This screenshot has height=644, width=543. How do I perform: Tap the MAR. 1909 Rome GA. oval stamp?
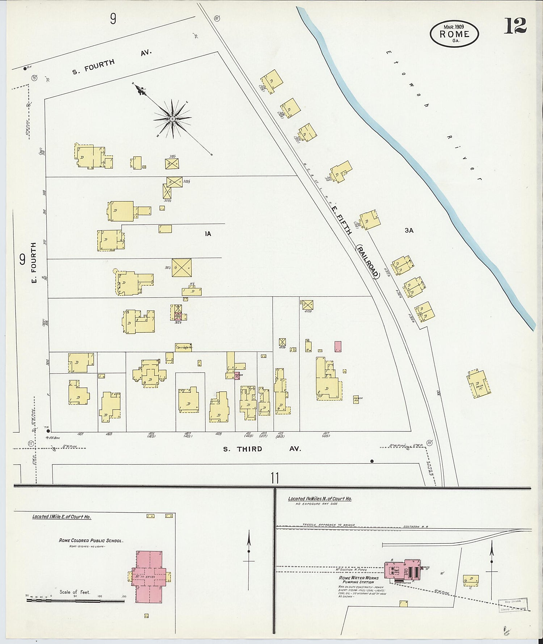(454, 33)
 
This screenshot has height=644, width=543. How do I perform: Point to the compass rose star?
(173, 119)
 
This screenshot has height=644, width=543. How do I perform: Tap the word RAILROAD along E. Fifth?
(367, 261)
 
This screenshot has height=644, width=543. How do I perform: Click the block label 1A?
(207, 234)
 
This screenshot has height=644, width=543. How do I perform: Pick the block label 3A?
(409, 230)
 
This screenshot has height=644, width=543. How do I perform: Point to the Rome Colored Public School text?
(91, 540)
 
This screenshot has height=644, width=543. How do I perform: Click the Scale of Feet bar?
(75, 601)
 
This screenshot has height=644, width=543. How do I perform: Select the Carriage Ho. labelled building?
(183, 348)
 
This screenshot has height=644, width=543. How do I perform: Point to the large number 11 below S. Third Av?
(274, 478)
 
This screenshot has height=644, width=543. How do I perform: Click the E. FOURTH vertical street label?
(33, 263)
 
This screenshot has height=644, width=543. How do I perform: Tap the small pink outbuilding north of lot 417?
(338, 346)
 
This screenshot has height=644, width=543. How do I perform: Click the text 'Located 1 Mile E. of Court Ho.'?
(62, 517)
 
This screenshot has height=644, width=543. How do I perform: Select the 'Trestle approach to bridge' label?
(329, 525)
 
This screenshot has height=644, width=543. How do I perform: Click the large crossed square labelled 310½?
(181, 268)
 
